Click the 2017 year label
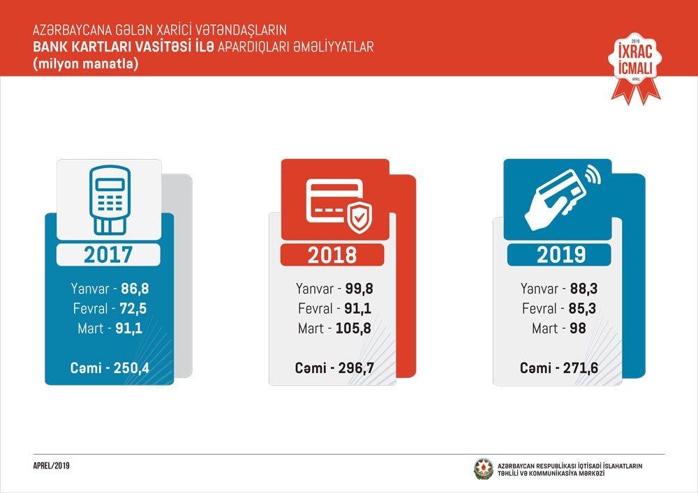108,255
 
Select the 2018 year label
333,255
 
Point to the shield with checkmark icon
358,218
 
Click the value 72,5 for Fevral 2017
133,308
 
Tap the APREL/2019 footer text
52,466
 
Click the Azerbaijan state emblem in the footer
483,469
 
